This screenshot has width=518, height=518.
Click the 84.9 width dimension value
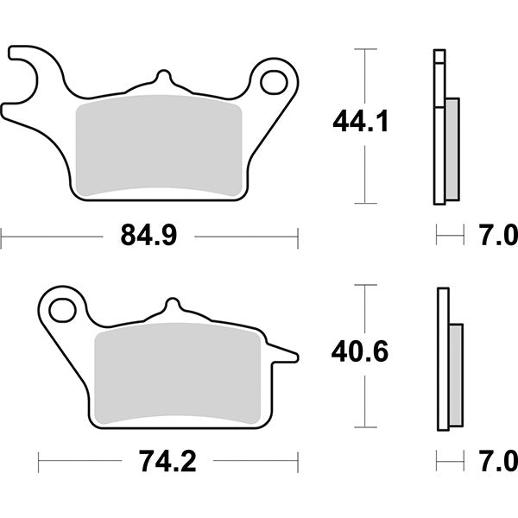pyautogui.click(x=149, y=235)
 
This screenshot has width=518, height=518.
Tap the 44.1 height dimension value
pyautogui.click(x=361, y=122)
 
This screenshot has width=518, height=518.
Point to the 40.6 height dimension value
pyautogui.click(x=361, y=352)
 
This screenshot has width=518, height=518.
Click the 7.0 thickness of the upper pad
pyautogui.click(x=497, y=235)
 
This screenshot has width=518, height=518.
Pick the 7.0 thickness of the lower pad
pyautogui.click(x=497, y=462)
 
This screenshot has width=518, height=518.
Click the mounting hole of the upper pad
pyautogui.click(x=275, y=82)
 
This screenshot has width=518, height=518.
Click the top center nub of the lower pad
pyautogui.click(x=174, y=306)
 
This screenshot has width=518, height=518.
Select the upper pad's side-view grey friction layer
pyautogui.click(x=452, y=147)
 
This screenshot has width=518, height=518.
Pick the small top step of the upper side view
pyautogui.click(x=439, y=58)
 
